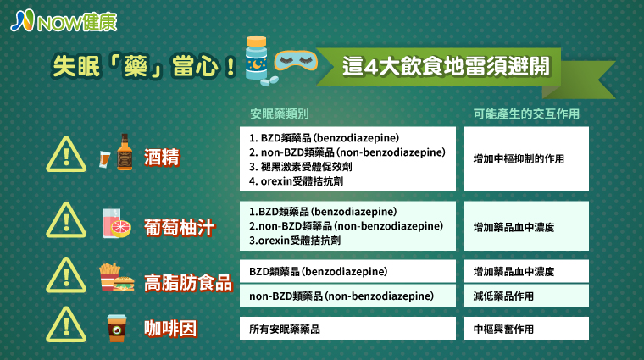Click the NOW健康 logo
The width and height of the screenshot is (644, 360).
[x=64, y=21]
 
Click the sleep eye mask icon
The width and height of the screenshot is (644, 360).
[x=296, y=61]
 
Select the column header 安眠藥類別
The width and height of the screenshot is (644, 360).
[x=280, y=114]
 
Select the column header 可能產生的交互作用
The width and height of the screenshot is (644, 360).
[x=526, y=114]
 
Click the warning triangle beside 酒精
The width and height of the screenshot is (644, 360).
[x=66, y=154]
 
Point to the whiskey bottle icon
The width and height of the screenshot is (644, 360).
[x=125, y=152]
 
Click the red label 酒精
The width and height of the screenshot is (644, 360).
[x=162, y=158]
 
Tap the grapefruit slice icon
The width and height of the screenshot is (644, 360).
[x=120, y=228]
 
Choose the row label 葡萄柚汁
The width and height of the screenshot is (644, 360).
[x=179, y=227]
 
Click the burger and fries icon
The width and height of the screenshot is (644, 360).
[x=117, y=278]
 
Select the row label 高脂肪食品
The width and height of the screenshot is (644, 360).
[x=188, y=283]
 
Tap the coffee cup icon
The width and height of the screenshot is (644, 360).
[x=117, y=328]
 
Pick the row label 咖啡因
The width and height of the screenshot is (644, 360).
[x=170, y=329]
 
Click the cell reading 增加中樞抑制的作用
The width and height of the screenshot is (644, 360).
[x=519, y=159]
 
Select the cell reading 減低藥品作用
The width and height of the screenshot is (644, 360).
[x=503, y=296]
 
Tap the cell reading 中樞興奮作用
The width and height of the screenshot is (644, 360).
[x=503, y=329]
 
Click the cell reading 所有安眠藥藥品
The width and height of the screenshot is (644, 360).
[x=285, y=329]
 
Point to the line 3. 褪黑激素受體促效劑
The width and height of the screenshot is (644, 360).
[x=300, y=167]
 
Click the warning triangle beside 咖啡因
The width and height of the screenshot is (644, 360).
[x=66, y=324]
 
